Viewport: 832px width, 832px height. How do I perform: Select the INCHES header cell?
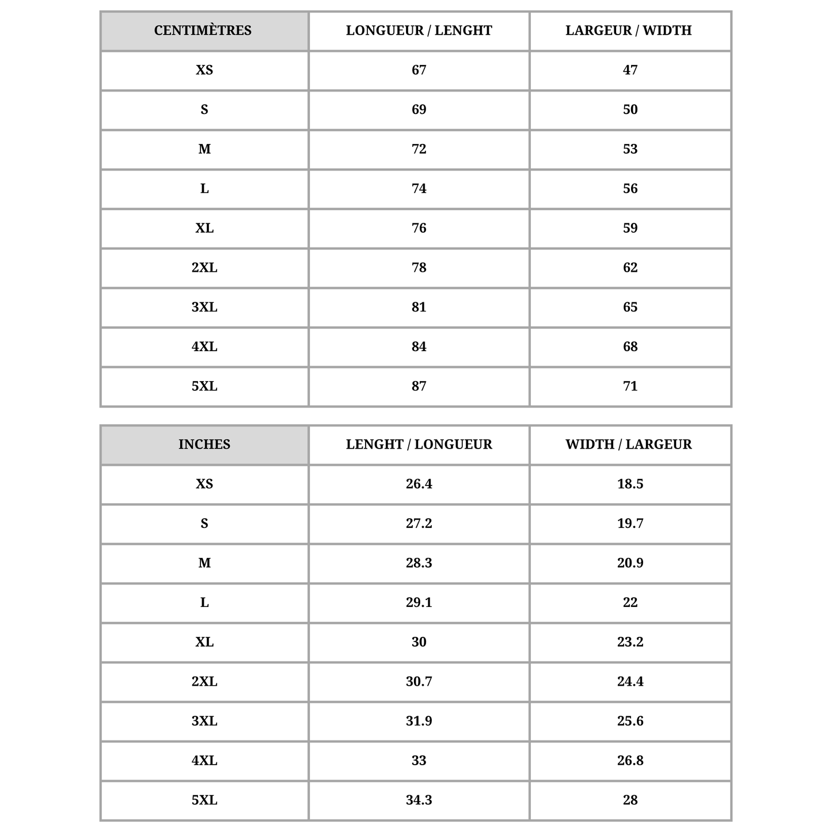click(204, 445)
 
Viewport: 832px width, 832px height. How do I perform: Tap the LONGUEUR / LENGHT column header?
click(419, 31)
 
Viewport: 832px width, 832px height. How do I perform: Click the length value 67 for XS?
click(419, 70)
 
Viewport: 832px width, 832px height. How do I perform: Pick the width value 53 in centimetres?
click(630, 149)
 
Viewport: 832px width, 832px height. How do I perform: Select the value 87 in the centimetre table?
click(419, 386)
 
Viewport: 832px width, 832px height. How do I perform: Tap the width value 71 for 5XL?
click(630, 386)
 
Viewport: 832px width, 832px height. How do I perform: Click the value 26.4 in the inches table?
click(419, 484)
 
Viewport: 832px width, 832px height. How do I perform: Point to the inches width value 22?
click(630, 603)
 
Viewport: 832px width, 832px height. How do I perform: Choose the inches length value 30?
click(419, 642)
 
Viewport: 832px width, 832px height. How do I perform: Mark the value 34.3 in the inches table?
click(419, 800)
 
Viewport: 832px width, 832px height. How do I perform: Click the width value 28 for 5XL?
click(630, 800)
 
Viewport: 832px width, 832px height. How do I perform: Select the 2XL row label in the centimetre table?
click(204, 268)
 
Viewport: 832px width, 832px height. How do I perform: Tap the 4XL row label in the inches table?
click(204, 761)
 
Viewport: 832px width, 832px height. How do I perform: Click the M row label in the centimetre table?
click(204, 149)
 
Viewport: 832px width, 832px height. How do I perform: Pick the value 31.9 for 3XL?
click(419, 721)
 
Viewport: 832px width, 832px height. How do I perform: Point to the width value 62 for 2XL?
click(630, 268)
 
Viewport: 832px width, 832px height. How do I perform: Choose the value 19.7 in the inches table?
click(630, 523)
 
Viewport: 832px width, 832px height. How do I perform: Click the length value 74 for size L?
click(419, 189)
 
